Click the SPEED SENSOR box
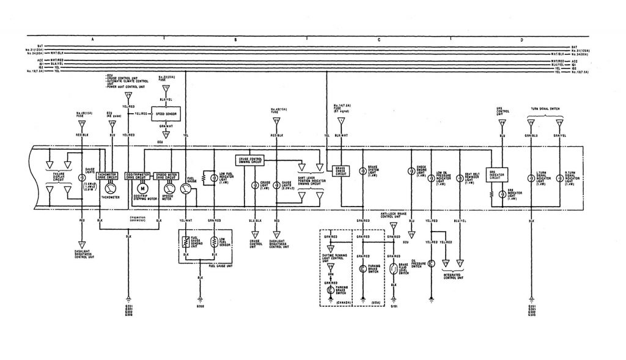(167, 114)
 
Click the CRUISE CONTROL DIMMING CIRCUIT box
(250, 160)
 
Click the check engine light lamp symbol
(410, 178)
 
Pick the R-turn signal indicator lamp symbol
(558, 178)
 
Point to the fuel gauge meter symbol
(186, 190)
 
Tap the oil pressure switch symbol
(432, 263)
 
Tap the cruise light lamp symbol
(253, 185)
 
